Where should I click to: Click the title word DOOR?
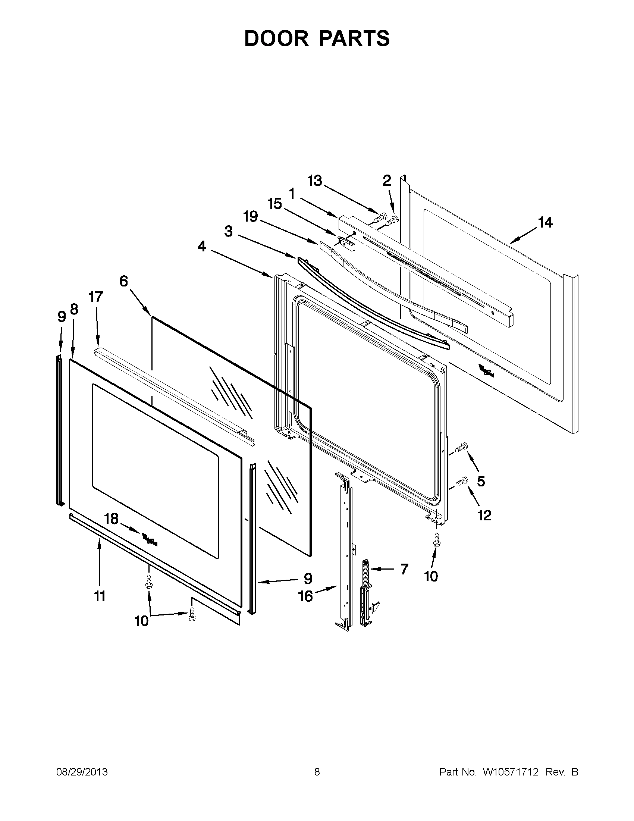click(276, 38)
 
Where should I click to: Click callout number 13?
click(315, 181)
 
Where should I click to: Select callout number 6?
click(124, 281)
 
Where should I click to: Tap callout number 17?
click(95, 297)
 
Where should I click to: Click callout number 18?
click(112, 519)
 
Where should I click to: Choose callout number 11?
click(100, 596)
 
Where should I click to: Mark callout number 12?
click(484, 515)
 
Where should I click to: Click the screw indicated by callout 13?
click(381, 216)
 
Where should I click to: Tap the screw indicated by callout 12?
click(461, 481)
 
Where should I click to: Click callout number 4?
click(202, 247)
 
